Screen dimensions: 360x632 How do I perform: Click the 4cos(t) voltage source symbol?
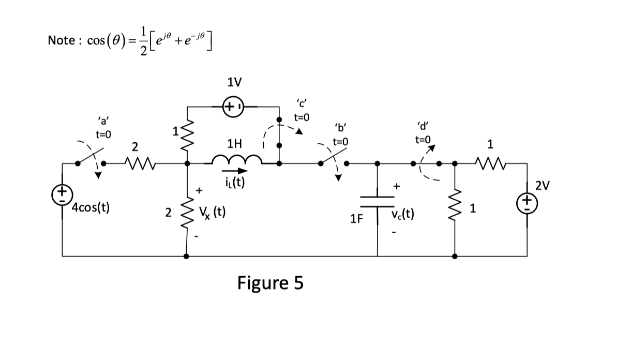(62, 194)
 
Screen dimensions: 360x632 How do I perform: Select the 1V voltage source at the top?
(230, 107)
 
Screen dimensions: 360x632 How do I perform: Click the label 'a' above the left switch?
(103, 122)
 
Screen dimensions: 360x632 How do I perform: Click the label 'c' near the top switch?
(301, 102)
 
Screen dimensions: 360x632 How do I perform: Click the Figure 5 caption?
(270, 283)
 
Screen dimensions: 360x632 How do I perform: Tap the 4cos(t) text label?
(89, 208)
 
